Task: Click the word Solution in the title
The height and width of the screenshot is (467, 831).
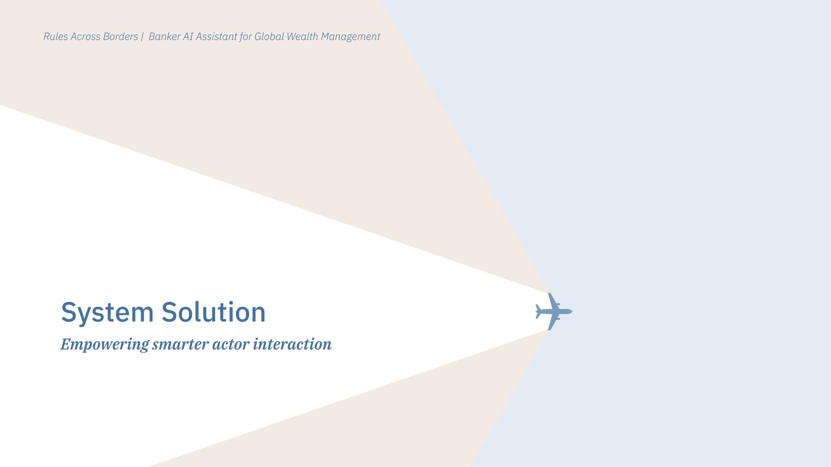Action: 213,312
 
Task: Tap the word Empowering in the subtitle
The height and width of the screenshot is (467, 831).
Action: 104,345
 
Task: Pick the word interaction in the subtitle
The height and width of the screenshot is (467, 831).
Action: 292,344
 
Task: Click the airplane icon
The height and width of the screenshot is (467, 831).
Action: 554,311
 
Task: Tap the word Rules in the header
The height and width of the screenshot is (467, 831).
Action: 56,37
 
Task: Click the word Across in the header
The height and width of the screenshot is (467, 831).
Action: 86,37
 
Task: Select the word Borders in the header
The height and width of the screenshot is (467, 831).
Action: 121,37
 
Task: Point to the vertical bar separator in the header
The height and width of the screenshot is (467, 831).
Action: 142,37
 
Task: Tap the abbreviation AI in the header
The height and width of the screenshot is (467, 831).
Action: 188,37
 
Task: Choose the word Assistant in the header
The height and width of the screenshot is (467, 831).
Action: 216,37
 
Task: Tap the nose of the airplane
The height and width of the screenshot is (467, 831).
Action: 571,311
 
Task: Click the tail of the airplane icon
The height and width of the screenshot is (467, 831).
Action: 538,311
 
